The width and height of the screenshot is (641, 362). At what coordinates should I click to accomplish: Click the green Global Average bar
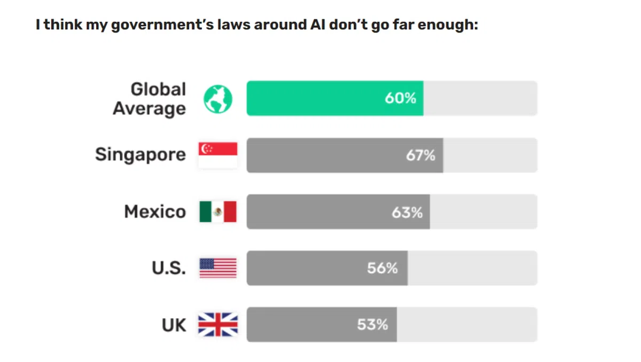point(320,98)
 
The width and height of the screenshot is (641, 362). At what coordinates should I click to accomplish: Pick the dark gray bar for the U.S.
point(310,268)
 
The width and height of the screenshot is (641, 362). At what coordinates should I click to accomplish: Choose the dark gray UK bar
point(304,325)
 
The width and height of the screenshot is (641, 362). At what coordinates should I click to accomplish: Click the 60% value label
point(400,98)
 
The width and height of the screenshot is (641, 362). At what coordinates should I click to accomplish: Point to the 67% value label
point(420,155)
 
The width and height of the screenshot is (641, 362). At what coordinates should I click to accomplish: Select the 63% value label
point(407,212)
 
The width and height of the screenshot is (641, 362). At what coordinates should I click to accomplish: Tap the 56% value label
point(382,268)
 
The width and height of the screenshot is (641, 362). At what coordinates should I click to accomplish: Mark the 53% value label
point(372,325)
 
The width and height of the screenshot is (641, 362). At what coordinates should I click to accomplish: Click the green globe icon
point(218,99)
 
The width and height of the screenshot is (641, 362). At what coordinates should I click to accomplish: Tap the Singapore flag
point(217,155)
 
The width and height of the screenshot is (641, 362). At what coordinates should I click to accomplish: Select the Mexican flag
point(217,212)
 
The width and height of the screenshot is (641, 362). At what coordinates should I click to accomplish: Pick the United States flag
point(217,268)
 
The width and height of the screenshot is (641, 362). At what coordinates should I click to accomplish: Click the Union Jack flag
point(217,325)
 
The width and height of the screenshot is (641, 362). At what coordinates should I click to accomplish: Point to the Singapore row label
point(140,155)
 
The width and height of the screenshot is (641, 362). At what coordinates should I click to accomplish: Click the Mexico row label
point(155,212)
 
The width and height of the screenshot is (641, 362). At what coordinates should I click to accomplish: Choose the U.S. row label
point(169,268)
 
